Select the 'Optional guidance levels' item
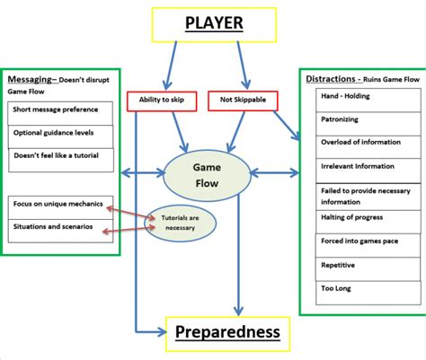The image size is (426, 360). [x=60, y=134]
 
